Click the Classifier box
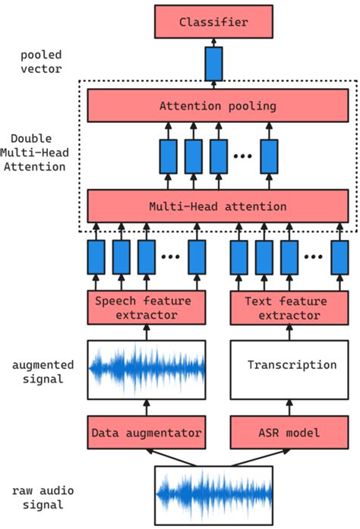(213, 23)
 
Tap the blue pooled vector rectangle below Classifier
(213, 64)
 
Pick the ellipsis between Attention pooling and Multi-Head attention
(242, 156)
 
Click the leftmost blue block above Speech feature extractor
(96, 257)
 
